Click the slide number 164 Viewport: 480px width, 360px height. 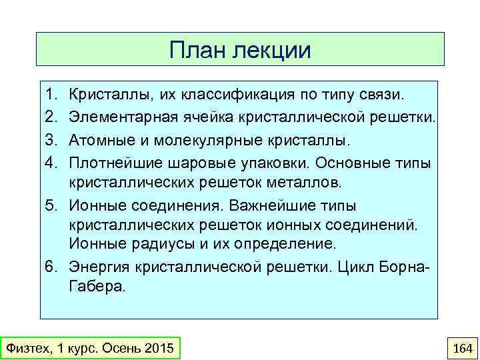(462, 349)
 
